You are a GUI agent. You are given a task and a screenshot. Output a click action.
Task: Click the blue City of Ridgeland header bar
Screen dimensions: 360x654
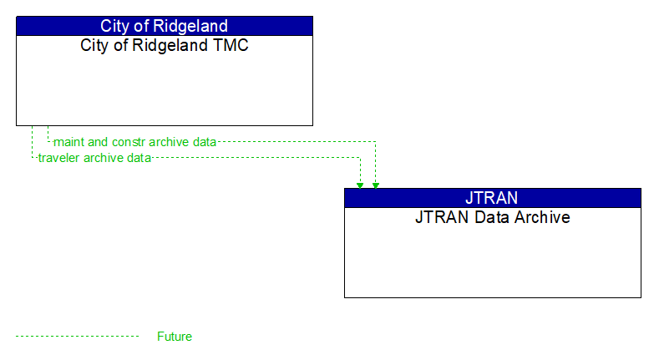(x=165, y=26)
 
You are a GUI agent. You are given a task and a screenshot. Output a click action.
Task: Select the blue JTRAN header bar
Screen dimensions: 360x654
(x=492, y=198)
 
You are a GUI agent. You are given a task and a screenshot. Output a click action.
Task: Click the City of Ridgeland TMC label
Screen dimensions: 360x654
(x=165, y=45)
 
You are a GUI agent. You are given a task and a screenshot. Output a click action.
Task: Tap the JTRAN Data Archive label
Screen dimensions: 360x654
(x=492, y=217)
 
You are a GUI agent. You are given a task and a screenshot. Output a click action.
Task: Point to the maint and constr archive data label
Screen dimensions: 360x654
(x=134, y=142)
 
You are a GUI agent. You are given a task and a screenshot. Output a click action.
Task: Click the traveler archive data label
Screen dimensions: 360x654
(x=94, y=158)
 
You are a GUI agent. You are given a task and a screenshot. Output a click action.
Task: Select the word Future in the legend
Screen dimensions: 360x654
(x=175, y=337)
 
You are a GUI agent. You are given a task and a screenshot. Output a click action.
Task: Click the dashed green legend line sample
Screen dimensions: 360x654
(x=77, y=337)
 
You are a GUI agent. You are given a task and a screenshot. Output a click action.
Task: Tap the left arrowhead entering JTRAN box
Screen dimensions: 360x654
(x=360, y=185)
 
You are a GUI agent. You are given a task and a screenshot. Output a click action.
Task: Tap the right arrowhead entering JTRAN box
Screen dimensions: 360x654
(x=375, y=185)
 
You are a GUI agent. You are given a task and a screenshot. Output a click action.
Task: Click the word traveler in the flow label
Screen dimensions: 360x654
(x=59, y=158)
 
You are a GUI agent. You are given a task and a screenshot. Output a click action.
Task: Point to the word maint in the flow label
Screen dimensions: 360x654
(x=68, y=142)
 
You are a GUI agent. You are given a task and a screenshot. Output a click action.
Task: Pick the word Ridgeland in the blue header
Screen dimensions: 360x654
(x=189, y=26)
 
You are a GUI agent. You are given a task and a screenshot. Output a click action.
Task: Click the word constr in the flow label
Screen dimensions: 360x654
(x=129, y=142)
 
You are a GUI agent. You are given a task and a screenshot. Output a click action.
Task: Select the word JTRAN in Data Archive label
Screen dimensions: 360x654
(x=440, y=217)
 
